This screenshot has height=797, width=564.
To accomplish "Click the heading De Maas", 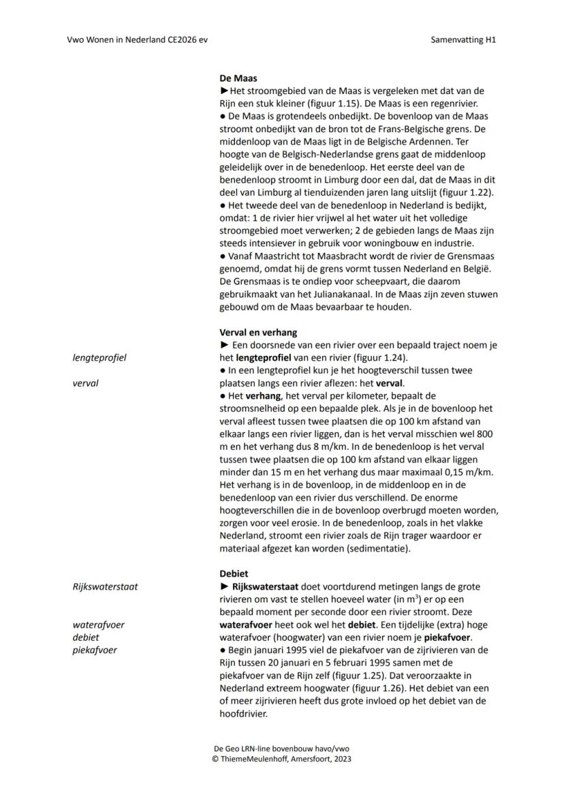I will click(x=238, y=78).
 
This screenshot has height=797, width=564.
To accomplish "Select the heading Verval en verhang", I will click(x=258, y=332).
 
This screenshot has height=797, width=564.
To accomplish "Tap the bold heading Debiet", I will click(x=234, y=573).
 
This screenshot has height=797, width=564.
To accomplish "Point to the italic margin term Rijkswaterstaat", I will click(x=105, y=586).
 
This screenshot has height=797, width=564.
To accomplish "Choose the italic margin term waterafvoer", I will click(x=99, y=625).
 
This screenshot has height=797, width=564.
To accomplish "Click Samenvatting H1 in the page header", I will click(x=463, y=40).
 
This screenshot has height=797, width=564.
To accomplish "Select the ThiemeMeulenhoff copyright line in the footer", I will click(x=282, y=758).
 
